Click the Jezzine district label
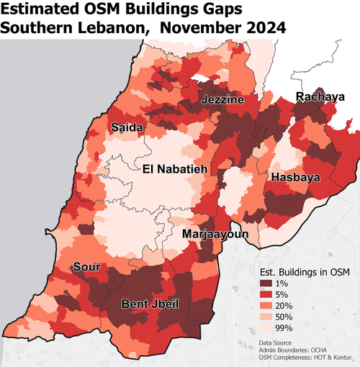point(222,99)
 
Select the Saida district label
point(127,127)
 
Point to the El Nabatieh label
point(175,170)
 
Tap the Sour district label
point(86,267)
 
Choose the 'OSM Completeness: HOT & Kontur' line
point(302,359)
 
